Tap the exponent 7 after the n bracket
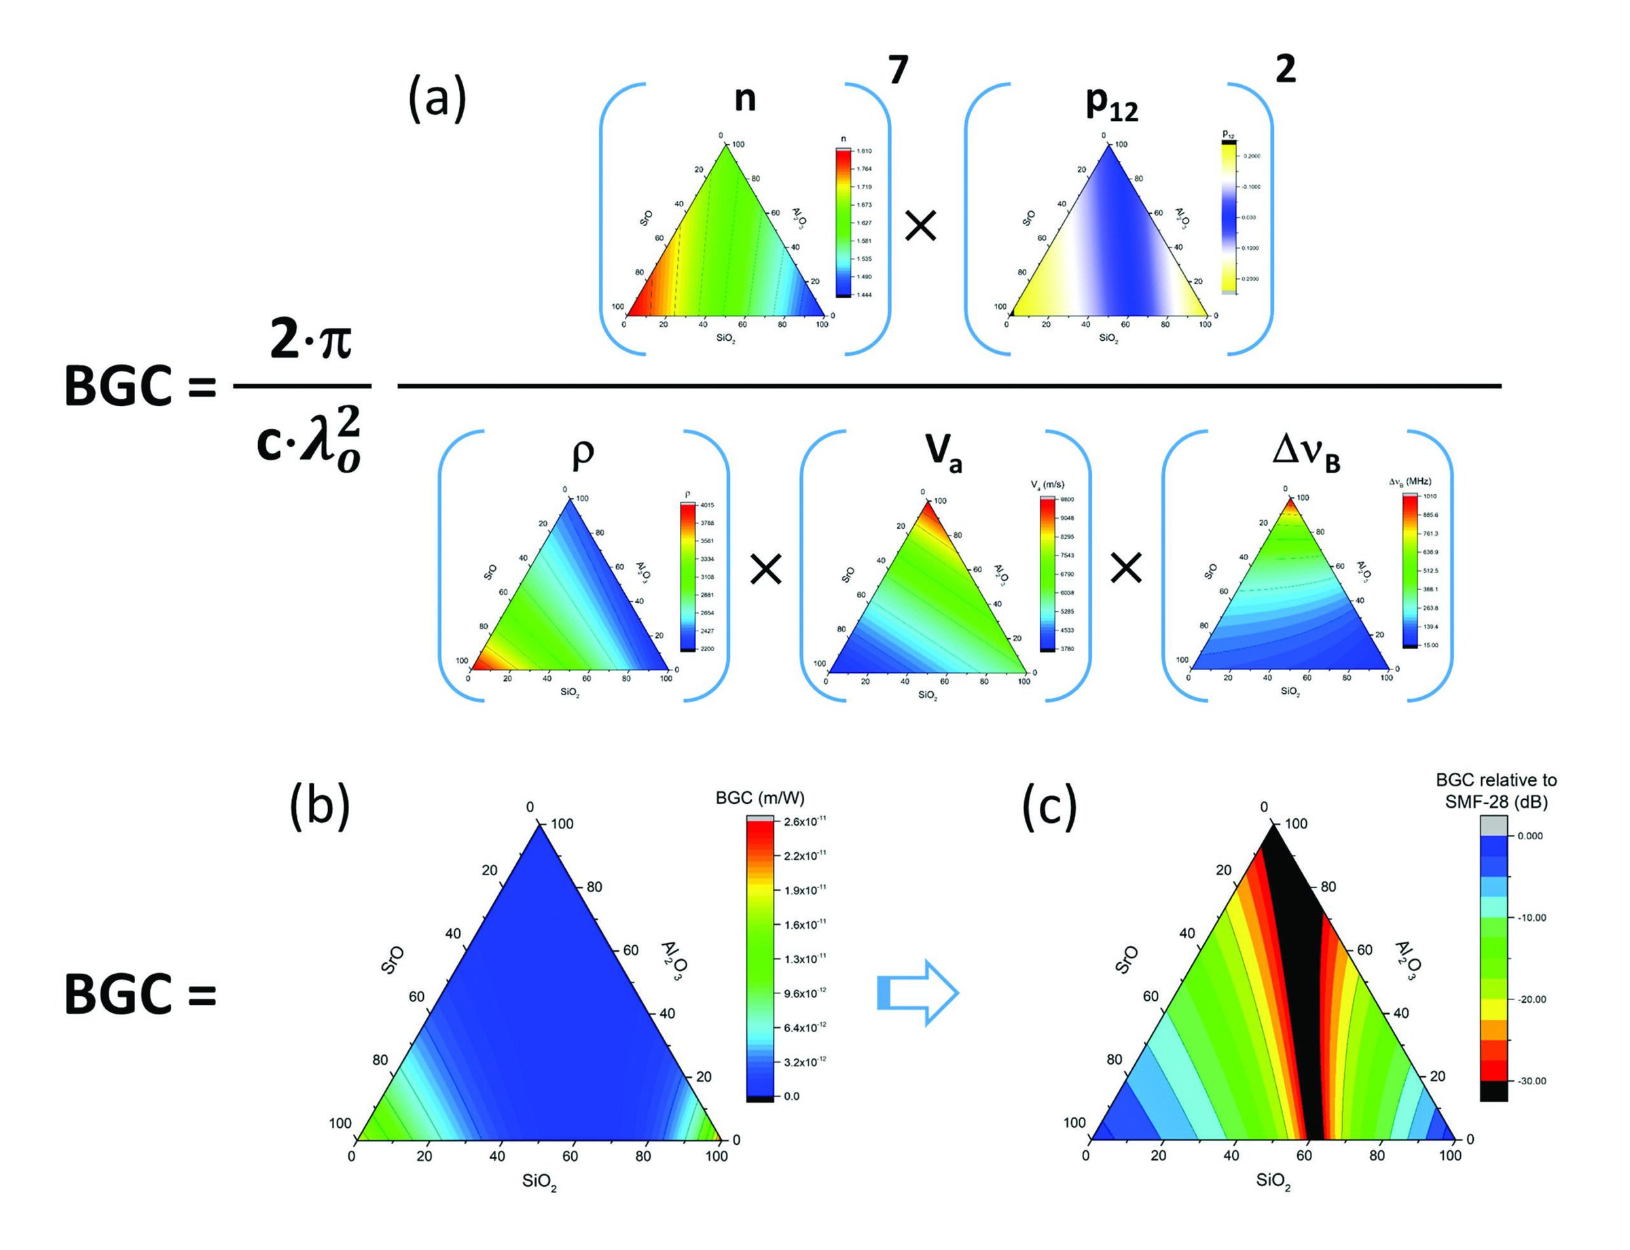[x=899, y=72]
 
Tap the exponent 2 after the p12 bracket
[x=1286, y=70]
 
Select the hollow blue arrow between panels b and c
[x=918, y=993]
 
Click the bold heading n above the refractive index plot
[x=744, y=99]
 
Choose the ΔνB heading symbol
[x=1306, y=453]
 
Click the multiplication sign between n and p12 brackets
[x=921, y=226]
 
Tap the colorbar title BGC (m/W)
[x=760, y=798]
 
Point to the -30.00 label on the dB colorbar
[x=1532, y=1081]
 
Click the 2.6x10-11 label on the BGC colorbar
[x=805, y=822]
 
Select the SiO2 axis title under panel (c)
[x=1273, y=1181]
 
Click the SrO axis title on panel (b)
[x=393, y=960]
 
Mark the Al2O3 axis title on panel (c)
[x=1405, y=960]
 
